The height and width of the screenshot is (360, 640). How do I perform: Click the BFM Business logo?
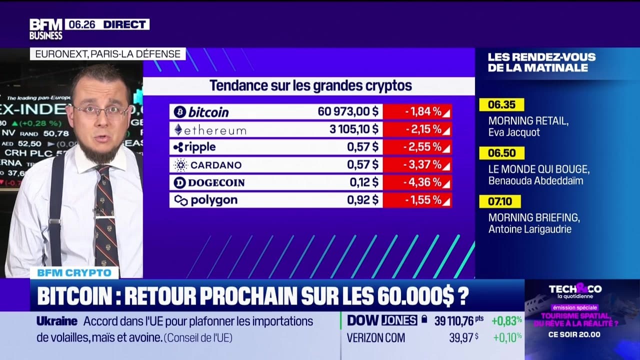coord(45,29)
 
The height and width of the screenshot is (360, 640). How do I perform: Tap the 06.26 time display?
coord(78,24)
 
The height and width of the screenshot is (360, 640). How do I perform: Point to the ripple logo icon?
coord(178,147)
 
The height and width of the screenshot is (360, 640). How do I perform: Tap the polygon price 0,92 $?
coord(362,200)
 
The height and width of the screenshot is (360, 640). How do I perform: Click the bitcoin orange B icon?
coord(179,112)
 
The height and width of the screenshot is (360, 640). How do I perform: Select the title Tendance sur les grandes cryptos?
coord(310,85)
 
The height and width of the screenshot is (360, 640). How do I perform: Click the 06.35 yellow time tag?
coord(501,105)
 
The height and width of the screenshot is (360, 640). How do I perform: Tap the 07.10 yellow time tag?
coord(499,201)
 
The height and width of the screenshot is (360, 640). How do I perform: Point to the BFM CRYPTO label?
coord(74,273)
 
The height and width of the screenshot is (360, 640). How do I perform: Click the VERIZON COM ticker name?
coord(375,338)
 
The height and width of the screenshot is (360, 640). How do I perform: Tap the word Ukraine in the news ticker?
coord(56,321)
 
